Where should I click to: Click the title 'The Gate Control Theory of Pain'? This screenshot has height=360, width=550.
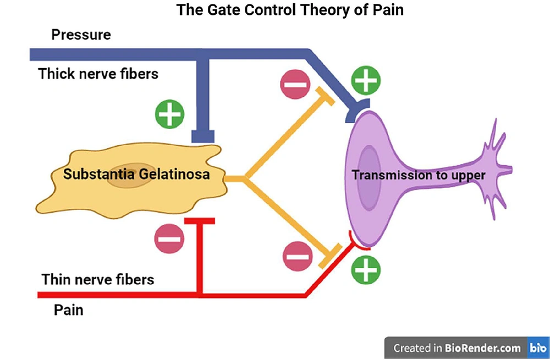[x=290, y=10]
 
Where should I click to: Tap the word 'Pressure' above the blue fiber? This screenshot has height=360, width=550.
[x=81, y=35]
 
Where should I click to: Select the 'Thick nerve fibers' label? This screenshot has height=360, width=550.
[x=98, y=74]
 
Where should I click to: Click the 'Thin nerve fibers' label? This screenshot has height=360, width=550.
[x=98, y=279]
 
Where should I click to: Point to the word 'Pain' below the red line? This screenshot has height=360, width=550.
[x=68, y=310]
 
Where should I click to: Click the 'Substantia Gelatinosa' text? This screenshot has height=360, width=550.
[x=136, y=174]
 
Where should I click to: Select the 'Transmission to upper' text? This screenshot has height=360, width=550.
[x=419, y=175]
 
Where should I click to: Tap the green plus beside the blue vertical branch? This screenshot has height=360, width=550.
[x=170, y=114]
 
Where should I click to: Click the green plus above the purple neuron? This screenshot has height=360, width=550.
[x=366, y=80]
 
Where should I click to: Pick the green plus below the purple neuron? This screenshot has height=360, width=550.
[x=366, y=269]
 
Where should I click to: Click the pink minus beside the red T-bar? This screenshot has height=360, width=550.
[x=169, y=239]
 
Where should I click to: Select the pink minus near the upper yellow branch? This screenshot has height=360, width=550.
[x=295, y=84]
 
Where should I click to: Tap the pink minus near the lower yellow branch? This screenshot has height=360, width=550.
[x=298, y=256]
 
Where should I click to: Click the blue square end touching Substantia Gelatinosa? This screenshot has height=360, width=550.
[x=203, y=136]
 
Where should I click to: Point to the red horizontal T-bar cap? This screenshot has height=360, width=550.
[x=199, y=221]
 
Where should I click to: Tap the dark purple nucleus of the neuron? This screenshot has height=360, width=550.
[x=369, y=178]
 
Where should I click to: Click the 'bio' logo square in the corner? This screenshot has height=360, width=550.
[x=538, y=348]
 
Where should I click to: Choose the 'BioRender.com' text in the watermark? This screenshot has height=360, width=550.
[x=483, y=348]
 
